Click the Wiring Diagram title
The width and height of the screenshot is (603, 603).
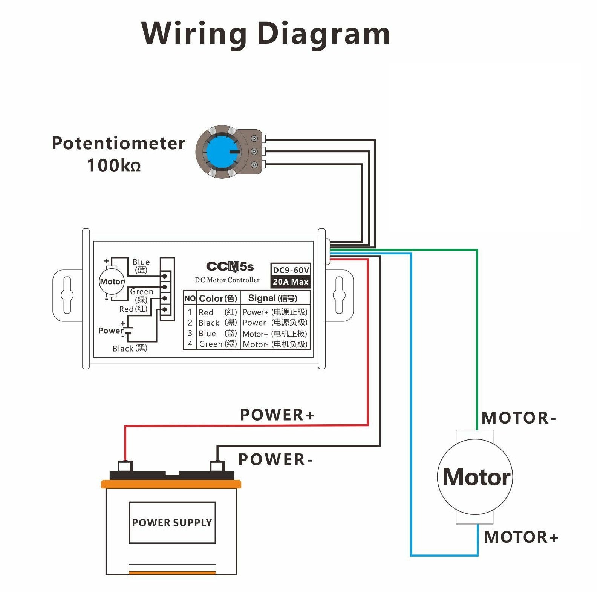[266, 34]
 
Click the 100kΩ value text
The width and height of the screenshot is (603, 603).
[114, 166]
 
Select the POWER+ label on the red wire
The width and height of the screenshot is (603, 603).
[277, 415]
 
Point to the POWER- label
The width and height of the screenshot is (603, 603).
[275, 460]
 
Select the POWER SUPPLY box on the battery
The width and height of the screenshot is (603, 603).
[172, 522]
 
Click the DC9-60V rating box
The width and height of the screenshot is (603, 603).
[291, 270]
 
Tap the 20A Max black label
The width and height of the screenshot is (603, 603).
[291, 282]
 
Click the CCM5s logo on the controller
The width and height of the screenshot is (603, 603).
[230, 267]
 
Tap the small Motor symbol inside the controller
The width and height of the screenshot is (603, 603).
[112, 282]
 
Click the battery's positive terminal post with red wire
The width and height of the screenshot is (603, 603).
[125, 466]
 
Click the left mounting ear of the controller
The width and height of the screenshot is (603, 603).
[67, 295]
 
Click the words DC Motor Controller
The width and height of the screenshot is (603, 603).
[227, 280]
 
